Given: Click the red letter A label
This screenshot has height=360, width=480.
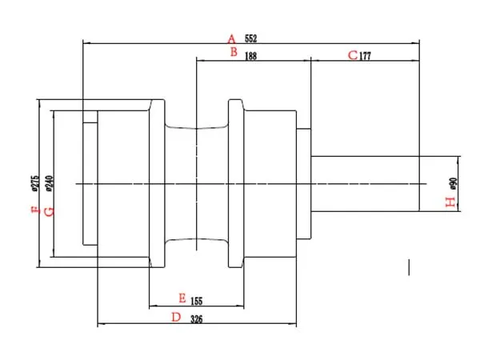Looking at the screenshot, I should pos(231,38).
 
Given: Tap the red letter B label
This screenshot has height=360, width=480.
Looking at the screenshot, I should pos(233,52).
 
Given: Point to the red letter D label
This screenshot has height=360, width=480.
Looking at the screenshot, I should pos(177,318).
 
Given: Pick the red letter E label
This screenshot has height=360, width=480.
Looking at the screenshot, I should pos(182,298).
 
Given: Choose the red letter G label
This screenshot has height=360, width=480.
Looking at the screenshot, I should pos(49,211).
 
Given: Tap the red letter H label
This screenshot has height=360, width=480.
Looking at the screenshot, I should pos(450,202).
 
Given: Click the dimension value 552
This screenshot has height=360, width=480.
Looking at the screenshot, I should pos(250,38).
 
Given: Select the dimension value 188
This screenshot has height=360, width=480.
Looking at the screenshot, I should pos(251,56).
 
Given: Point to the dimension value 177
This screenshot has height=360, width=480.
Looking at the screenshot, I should pos(366,56).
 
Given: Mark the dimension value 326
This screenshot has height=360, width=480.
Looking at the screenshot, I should pos(197,318).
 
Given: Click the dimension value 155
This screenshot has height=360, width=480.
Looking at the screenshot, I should pos(197,301).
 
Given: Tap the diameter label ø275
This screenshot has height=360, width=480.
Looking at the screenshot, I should pos(35,183).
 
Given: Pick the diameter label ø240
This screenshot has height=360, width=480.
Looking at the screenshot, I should pos(49,183).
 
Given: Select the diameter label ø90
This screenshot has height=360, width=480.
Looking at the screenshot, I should pos(454,183).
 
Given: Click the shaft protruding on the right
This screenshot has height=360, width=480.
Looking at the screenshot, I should pos(364,183).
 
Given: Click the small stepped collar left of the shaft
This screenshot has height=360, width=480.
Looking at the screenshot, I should pos(303,183).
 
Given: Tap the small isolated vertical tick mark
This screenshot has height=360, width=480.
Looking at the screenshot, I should pos(410,267).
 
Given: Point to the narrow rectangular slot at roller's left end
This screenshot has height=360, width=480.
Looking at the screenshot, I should pos(90,183).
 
